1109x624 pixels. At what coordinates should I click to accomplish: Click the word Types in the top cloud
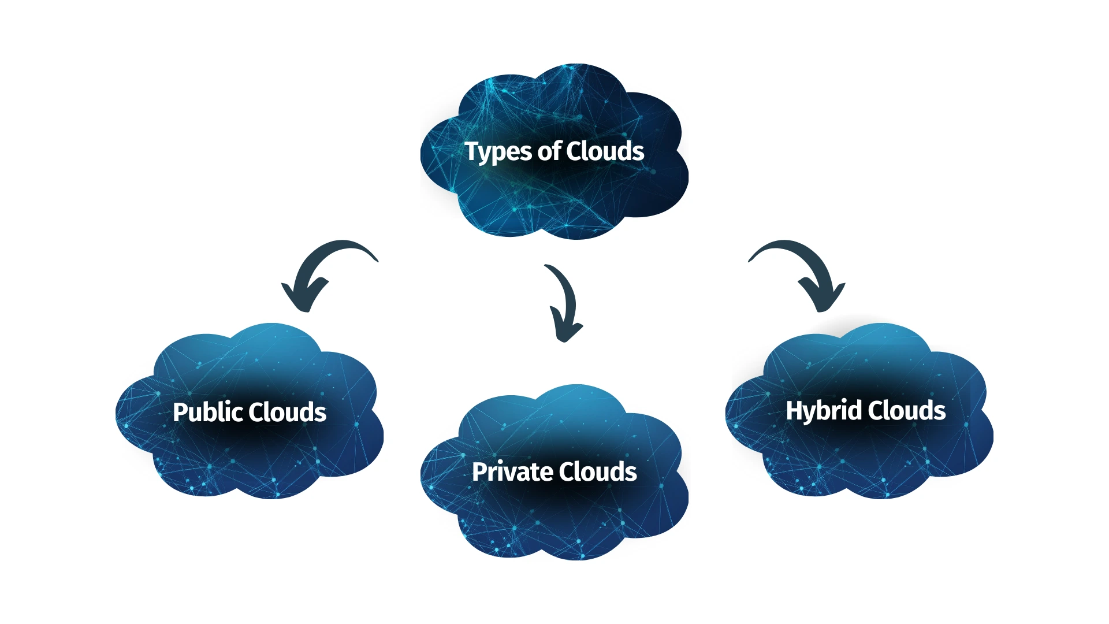click(x=498, y=152)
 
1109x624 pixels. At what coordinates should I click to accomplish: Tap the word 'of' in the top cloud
click(x=549, y=151)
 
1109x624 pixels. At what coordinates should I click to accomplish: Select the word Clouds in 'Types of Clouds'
click(x=605, y=151)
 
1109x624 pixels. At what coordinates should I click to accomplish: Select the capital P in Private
click(x=479, y=472)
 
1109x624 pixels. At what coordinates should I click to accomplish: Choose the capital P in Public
click(x=180, y=412)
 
